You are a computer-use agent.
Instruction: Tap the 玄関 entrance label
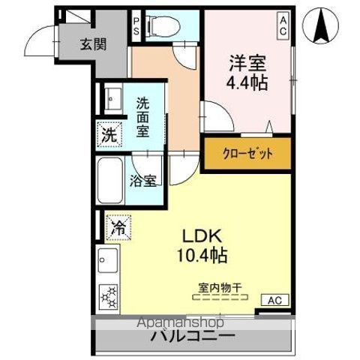click(93, 44)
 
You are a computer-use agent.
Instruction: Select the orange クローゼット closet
click(247, 154)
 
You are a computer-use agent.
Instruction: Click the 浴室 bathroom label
click(143, 180)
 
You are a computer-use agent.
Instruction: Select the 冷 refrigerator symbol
click(118, 224)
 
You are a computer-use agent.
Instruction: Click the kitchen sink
click(105, 262)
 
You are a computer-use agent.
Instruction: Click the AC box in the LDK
click(274, 300)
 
